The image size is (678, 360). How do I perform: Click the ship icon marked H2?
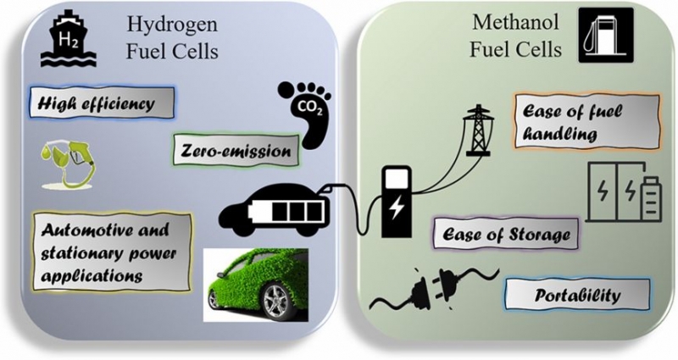pos(69,40)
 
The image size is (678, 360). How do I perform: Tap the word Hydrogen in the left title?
pos(172,25)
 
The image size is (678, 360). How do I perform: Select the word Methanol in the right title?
pos(516,22)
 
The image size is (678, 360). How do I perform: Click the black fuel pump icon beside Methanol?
pos(606,36)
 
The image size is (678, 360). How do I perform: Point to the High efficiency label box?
pos(102,102)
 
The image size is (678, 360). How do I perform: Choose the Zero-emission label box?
pos(236,150)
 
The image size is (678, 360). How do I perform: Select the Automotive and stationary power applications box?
pos(112,252)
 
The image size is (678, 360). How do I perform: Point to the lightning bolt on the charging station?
pos(396,208)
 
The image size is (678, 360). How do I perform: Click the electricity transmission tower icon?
pos(477,130)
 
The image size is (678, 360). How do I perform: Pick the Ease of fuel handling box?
pos(586,121)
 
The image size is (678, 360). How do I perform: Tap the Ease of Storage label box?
pos(506,234)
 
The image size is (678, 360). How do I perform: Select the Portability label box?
pos(577,295)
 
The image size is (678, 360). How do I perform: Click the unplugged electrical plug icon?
pos(434,290)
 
